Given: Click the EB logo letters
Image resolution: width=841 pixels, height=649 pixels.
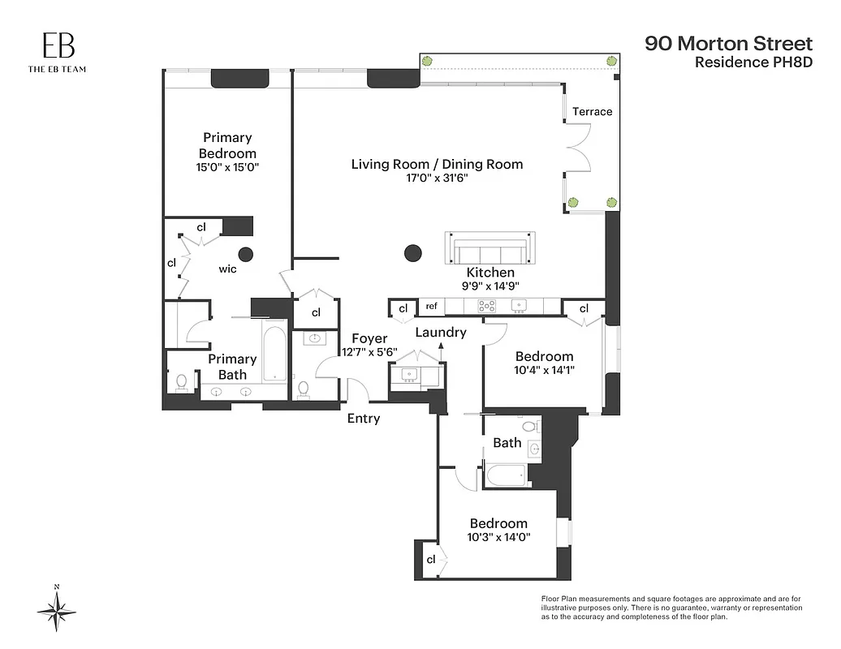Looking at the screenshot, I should [57, 46].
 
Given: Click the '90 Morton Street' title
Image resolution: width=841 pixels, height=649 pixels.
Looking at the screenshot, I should [717, 43].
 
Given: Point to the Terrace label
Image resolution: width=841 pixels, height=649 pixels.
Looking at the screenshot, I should [592, 111].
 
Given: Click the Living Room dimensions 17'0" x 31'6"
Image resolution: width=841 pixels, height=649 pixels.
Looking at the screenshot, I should [437, 179].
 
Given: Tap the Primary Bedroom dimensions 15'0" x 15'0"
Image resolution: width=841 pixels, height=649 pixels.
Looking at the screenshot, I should [227, 168].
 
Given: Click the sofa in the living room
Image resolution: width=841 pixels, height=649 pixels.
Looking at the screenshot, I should [490, 248].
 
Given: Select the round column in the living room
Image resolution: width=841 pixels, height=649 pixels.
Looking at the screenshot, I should [412, 253].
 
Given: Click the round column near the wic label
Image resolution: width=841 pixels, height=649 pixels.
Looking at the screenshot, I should [246, 254].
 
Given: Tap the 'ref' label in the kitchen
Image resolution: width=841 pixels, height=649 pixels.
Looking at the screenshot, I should [431, 307].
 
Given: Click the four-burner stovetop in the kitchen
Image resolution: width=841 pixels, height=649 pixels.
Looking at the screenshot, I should [487, 307].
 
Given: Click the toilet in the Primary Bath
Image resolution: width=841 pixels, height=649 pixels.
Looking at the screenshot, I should [181, 381].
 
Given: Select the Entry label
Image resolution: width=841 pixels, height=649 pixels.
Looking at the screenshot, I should [363, 419].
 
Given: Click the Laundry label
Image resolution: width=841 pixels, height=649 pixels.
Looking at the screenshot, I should [441, 332].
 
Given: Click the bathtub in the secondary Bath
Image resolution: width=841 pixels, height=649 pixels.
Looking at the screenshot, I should [507, 475].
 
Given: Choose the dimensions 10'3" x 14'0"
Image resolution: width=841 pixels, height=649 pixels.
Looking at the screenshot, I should [497, 537].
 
